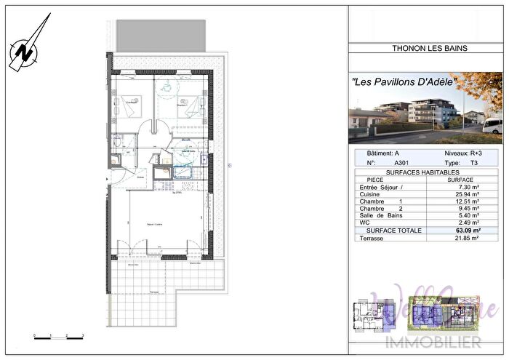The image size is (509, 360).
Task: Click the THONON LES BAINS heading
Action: [x=425, y=49]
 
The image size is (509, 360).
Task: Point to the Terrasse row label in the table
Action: [x=372, y=239]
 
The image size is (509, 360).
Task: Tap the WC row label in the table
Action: [x=365, y=223]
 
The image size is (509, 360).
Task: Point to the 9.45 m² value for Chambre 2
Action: [x=465, y=209]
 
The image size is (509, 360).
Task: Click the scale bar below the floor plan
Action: [x=58, y=336]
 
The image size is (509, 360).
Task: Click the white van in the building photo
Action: [x=492, y=127]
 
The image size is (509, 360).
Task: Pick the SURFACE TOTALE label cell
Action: [x=389, y=231]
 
